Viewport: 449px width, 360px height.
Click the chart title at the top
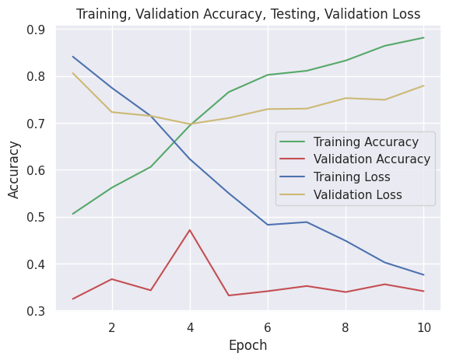248,13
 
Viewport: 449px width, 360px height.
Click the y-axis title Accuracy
14,170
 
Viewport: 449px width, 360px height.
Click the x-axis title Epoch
248,346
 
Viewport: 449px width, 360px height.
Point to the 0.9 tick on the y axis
36,30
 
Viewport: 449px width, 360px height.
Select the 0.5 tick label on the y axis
36,217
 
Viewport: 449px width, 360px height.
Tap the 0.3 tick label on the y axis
36,311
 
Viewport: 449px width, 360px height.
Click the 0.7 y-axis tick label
36,124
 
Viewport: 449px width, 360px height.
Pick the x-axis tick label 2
112,327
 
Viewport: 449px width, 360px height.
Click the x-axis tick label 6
268,327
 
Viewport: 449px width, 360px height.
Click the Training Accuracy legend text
366,142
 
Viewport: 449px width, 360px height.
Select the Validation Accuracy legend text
371,159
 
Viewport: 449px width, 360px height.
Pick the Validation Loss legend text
358,194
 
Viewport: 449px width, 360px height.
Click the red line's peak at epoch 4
190,230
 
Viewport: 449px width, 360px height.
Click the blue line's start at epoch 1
72,56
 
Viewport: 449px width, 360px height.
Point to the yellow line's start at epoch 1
72,73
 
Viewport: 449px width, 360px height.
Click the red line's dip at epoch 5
229,295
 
